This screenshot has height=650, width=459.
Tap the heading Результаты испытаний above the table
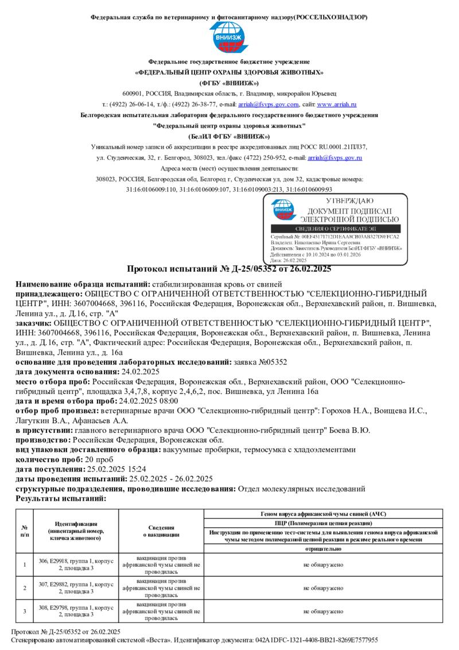[x=61, y=498]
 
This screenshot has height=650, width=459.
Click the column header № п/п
[x=25, y=531]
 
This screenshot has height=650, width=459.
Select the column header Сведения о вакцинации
[x=161, y=531]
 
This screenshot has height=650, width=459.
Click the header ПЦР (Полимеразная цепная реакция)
[x=324, y=523]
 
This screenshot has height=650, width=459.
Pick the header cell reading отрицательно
[x=324, y=549]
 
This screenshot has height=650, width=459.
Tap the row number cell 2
[x=25, y=588]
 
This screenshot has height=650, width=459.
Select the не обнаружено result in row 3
[x=324, y=611]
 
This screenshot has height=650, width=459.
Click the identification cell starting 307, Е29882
[x=76, y=588]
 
